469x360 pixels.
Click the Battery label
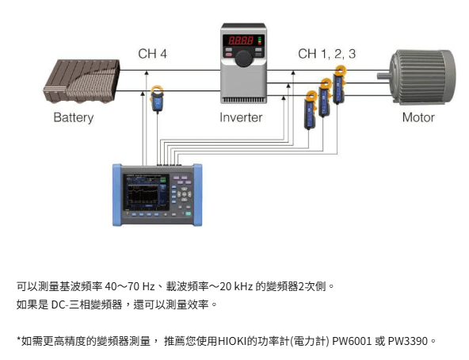point(73,117)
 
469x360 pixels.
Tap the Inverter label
point(241,117)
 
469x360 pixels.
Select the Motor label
point(418,117)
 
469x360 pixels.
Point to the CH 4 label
point(152,54)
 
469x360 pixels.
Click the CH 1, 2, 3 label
point(327,54)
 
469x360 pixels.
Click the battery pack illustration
point(82,81)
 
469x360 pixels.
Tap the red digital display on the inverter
point(241,40)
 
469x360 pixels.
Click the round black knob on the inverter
point(243,59)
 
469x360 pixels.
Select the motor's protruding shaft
point(383,76)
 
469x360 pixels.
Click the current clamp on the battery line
point(157,98)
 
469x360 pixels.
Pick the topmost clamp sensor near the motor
point(340,85)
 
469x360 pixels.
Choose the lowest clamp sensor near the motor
point(310,110)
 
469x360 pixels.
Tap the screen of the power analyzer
point(146,192)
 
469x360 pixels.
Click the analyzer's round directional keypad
point(185,195)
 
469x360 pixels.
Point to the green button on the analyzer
point(188,213)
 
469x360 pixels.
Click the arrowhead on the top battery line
point(147,72)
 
